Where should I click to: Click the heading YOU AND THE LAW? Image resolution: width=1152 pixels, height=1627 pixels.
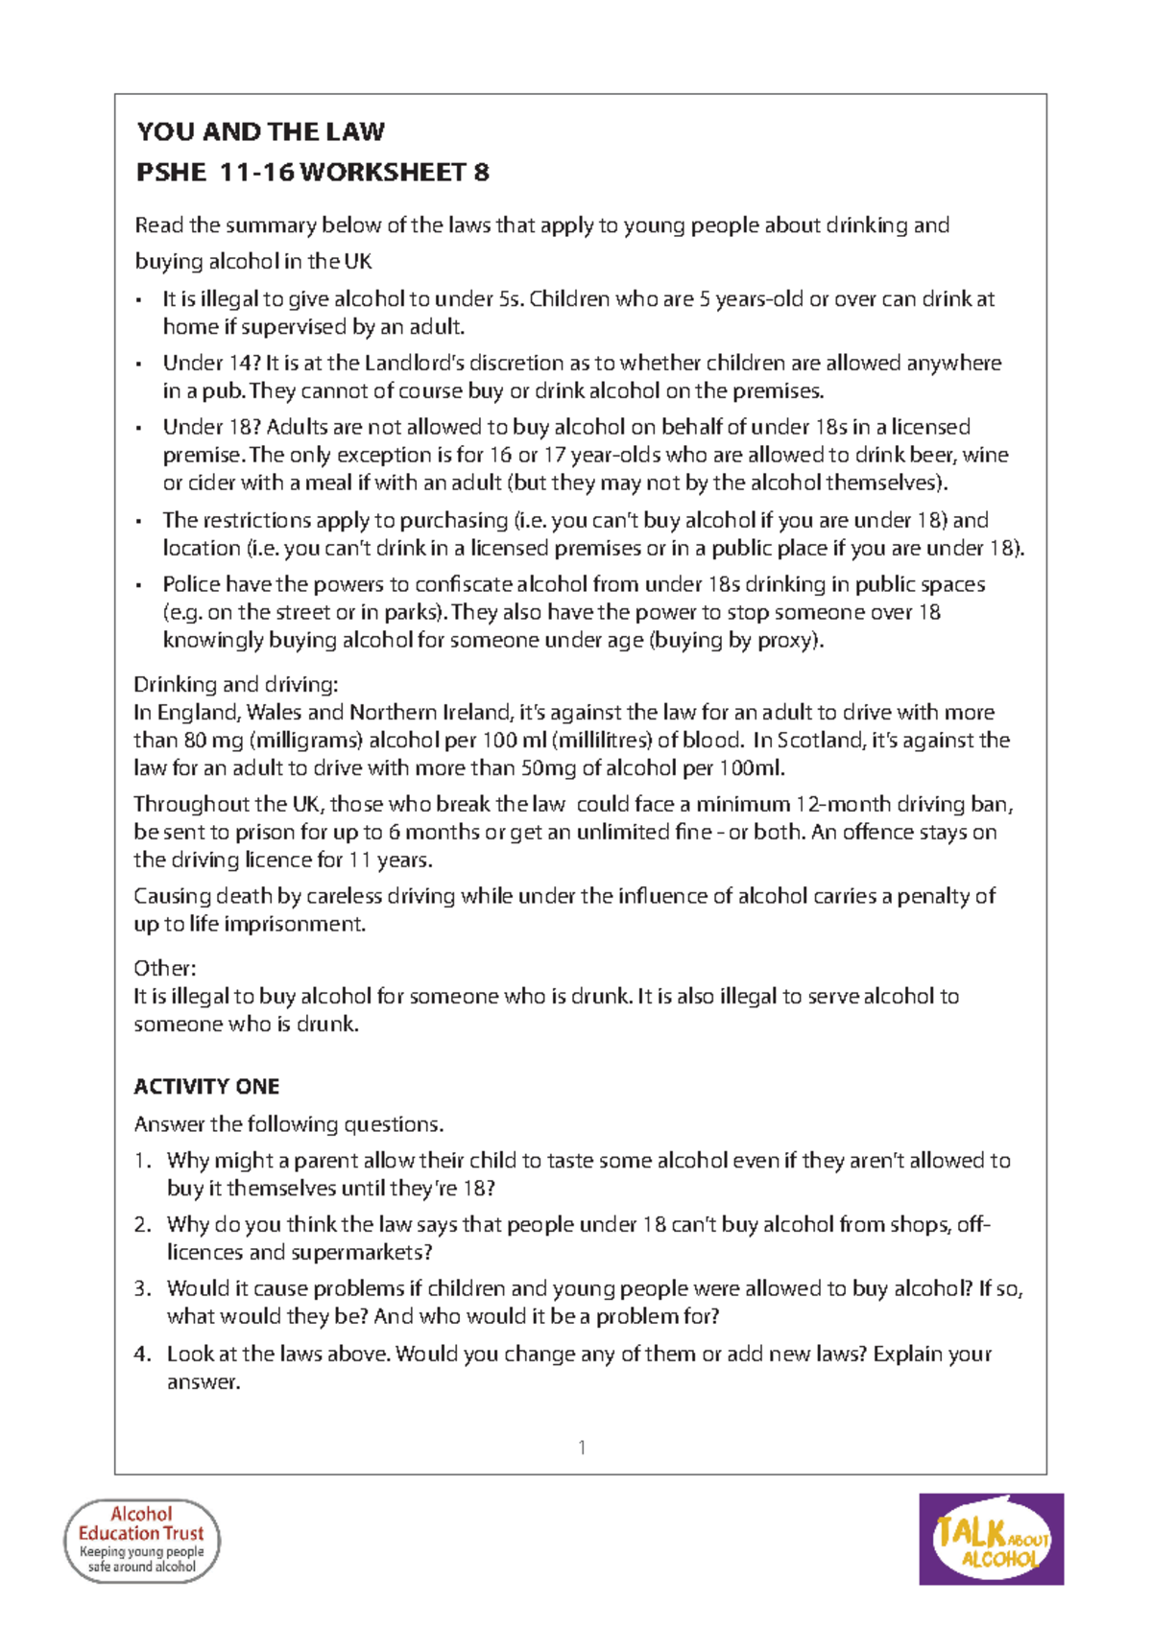coord(260,131)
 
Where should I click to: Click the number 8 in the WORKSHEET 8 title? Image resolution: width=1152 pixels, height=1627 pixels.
coord(481,173)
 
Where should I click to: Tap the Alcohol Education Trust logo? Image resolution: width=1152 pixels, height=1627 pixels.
coord(142,1540)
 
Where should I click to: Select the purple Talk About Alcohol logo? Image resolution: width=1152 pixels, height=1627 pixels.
coord(991,1539)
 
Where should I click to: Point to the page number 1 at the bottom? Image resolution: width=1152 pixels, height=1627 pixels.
coord(582,1448)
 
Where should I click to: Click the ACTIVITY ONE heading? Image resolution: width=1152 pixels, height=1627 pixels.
coord(206,1087)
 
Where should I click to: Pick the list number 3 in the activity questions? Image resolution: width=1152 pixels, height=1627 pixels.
coord(142,1288)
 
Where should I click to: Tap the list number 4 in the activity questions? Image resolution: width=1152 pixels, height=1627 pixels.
coord(142,1354)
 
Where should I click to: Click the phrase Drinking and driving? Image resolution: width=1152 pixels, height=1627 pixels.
coord(235,685)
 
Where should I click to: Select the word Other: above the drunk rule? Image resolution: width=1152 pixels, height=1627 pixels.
coord(164,968)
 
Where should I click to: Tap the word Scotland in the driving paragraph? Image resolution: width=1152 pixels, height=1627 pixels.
coord(820,741)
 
